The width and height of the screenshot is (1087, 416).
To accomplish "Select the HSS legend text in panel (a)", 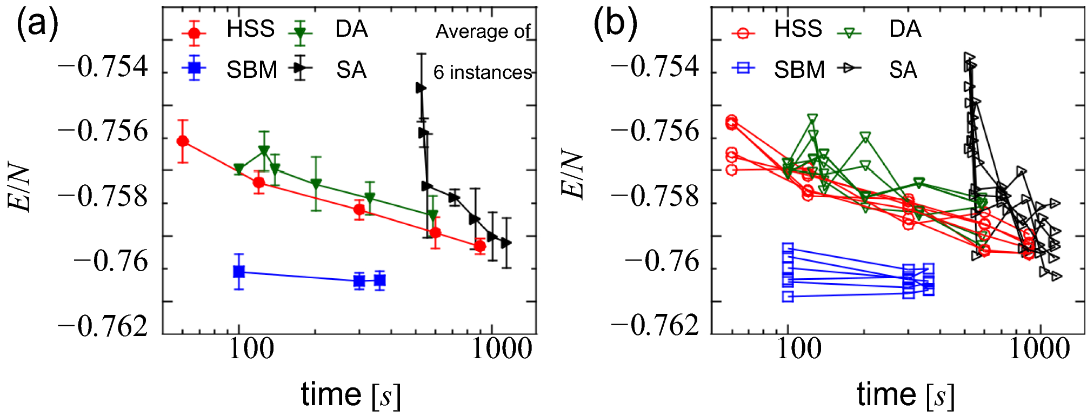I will (x=250, y=29).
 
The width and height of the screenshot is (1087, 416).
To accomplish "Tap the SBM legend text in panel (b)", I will (x=799, y=70).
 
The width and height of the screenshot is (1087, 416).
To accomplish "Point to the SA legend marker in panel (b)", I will (x=849, y=68).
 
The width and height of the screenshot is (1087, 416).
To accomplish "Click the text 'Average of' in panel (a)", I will (x=483, y=31).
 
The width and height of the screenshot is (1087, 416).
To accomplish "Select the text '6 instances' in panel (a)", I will (x=483, y=72).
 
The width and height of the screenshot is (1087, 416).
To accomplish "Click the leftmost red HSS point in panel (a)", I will (x=183, y=141).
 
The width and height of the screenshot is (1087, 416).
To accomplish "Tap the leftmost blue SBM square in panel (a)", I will (x=239, y=272).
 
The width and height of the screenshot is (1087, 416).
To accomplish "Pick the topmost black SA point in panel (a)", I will (x=421, y=88).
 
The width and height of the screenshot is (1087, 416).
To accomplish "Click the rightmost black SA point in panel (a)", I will (x=506, y=243).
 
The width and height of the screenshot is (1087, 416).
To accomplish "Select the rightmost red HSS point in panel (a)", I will (x=479, y=246).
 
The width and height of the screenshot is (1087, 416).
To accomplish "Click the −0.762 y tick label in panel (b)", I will (x=655, y=327).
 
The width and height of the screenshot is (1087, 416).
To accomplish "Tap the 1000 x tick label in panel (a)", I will (x=502, y=350).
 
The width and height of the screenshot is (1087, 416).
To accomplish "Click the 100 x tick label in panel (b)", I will (x=798, y=350).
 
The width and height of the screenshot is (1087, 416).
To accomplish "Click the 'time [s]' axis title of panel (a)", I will (x=351, y=395).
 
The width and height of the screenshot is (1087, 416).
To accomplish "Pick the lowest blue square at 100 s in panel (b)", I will (x=788, y=296).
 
